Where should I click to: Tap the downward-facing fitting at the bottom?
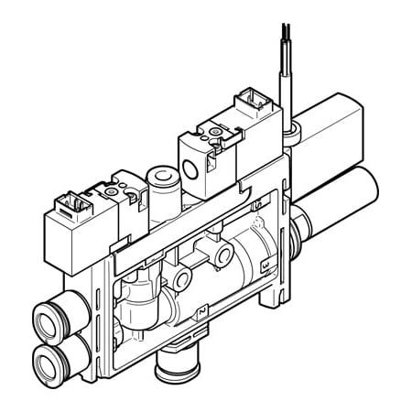170,370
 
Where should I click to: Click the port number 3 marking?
264,266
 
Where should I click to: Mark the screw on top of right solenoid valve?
215,134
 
